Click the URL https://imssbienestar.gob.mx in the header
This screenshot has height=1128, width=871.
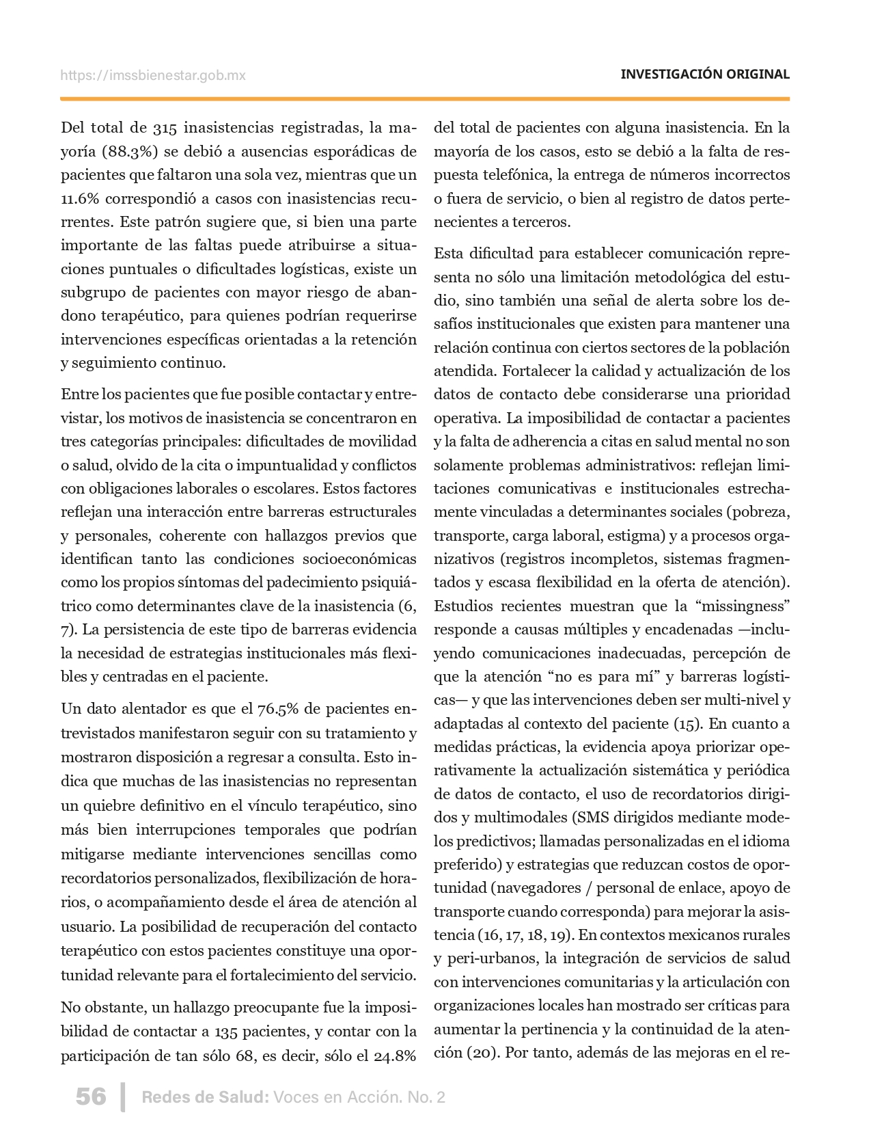point(153,75)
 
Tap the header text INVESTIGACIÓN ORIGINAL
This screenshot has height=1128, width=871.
point(704,75)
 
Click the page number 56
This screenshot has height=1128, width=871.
point(91,1097)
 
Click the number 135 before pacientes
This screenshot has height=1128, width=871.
point(225,1032)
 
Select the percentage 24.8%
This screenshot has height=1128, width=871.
point(395,1056)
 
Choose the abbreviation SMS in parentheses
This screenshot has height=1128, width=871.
point(596,818)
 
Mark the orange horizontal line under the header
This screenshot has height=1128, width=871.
point(425,99)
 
